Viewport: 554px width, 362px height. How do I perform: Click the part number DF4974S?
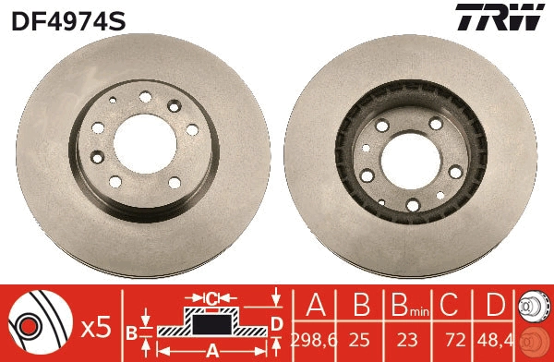68,21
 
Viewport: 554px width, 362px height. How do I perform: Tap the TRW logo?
500,17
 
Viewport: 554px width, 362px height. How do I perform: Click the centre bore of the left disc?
145,143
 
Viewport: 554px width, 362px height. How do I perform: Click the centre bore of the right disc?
411,161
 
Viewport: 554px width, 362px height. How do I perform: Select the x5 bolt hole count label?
96,329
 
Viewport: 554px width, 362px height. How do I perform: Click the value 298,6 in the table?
314,341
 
